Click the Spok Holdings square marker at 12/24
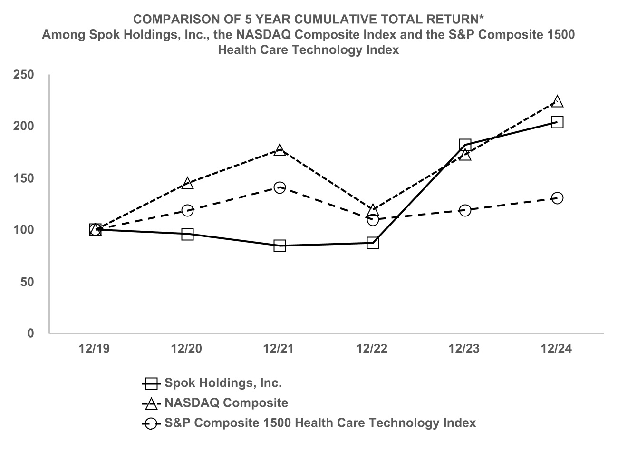pos(557,122)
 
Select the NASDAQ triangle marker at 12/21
pos(280,150)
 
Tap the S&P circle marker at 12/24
pos(557,198)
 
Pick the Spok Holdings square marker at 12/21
pos(280,246)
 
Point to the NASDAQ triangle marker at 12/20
pos(187,183)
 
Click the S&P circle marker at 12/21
pos(280,187)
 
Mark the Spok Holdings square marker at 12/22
pos(373,243)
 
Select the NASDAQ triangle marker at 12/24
pos(557,101)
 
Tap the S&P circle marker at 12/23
pos(465,210)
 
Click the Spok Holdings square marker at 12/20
pos(187,234)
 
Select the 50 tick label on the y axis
pos(28,282)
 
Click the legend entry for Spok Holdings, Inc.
pos(223,383)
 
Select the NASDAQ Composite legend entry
pos(226,403)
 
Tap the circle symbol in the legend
pos(151,423)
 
